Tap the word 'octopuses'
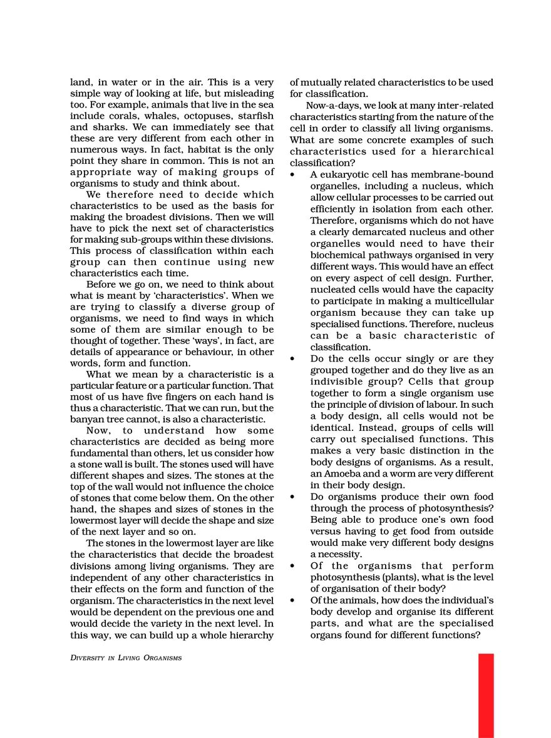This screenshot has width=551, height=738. coord(211,116)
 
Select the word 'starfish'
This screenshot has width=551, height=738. coord(257,116)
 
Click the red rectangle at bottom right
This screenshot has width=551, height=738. coord(486,695)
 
